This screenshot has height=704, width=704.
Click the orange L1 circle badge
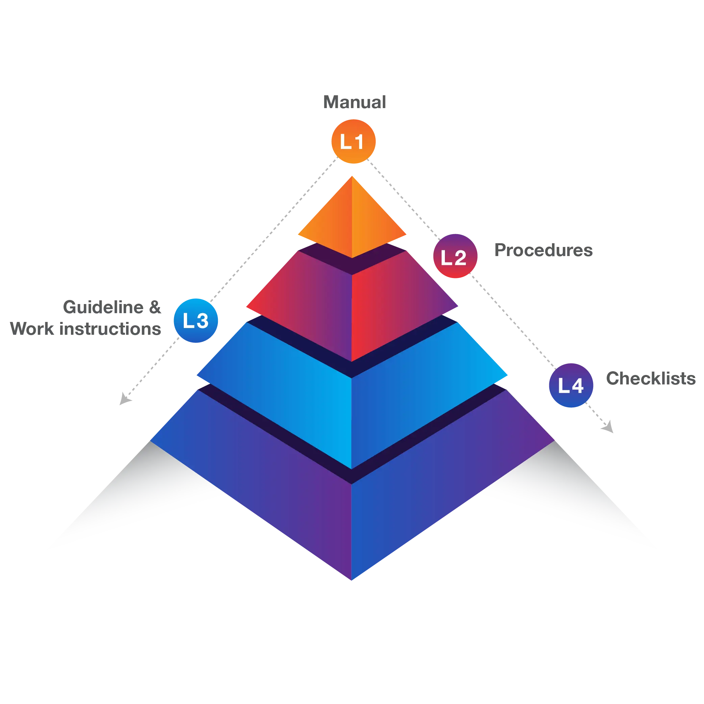pos(353,142)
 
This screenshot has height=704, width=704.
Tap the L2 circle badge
pos(455,256)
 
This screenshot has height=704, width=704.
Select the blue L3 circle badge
pos(196,320)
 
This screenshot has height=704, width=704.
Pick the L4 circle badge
pos(571,385)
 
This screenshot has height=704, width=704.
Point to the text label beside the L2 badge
pos(544,250)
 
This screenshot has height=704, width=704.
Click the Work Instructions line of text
pos(85,328)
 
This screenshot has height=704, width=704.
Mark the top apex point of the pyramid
pos(352,177)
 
